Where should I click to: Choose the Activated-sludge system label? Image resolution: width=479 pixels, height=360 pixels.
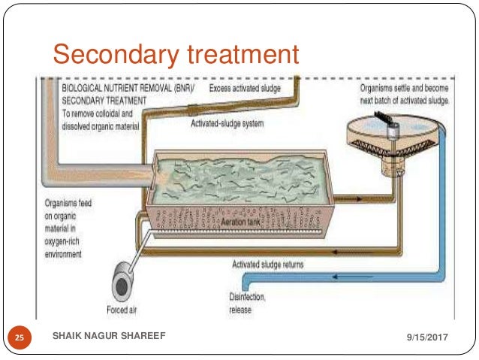[227, 123]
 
